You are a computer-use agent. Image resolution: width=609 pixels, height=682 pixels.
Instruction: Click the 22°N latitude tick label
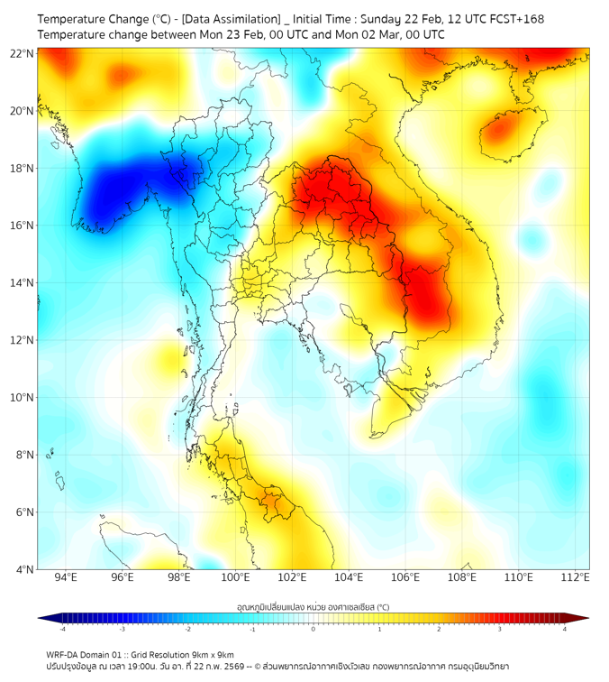click(23, 53)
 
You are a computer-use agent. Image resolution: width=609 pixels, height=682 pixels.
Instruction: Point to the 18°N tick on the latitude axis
click(23, 168)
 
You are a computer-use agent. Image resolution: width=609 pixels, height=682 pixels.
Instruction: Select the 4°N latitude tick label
click(24, 569)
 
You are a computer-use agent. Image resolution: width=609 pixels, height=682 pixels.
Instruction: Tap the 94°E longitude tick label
click(66, 577)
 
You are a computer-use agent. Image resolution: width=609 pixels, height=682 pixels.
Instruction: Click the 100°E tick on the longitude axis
click(236, 577)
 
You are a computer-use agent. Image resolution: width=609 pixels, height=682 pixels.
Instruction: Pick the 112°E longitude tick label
click(575, 577)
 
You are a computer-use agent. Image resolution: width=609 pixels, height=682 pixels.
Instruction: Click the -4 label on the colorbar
click(62, 629)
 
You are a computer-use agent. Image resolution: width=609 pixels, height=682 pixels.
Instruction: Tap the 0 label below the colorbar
click(314, 629)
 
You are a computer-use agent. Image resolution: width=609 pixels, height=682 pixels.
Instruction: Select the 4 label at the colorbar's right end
click(564, 629)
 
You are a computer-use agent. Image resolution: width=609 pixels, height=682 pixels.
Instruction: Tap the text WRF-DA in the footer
click(64, 655)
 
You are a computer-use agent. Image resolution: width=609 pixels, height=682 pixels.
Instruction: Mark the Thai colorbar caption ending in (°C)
click(313, 607)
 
